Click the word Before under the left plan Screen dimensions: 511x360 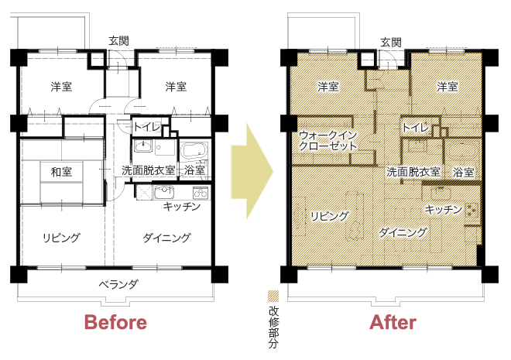point(115,322)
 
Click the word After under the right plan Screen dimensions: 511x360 point(393,322)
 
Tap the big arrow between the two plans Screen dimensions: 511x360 point(252,171)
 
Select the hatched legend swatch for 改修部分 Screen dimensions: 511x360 point(273,296)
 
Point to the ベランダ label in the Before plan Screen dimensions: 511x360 point(118,284)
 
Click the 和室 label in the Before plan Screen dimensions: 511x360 point(61,172)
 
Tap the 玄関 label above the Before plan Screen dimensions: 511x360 point(118,41)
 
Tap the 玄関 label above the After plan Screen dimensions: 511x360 point(391,43)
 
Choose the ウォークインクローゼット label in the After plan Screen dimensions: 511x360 point(328,141)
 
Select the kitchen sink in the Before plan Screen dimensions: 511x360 point(164,192)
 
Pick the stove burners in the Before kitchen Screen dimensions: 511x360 point(201,193)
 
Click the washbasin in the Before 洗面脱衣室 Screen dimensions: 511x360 point(143,146)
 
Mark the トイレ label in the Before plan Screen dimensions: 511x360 point(147,127)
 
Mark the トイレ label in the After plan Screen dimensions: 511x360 point(416,128)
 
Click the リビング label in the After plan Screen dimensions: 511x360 point(329,216)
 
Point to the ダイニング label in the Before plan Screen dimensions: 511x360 point(166,238)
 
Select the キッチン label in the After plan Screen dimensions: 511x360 point(444,209)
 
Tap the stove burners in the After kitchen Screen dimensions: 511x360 point(472,210)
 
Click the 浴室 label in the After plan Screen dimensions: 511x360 point(463,173)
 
